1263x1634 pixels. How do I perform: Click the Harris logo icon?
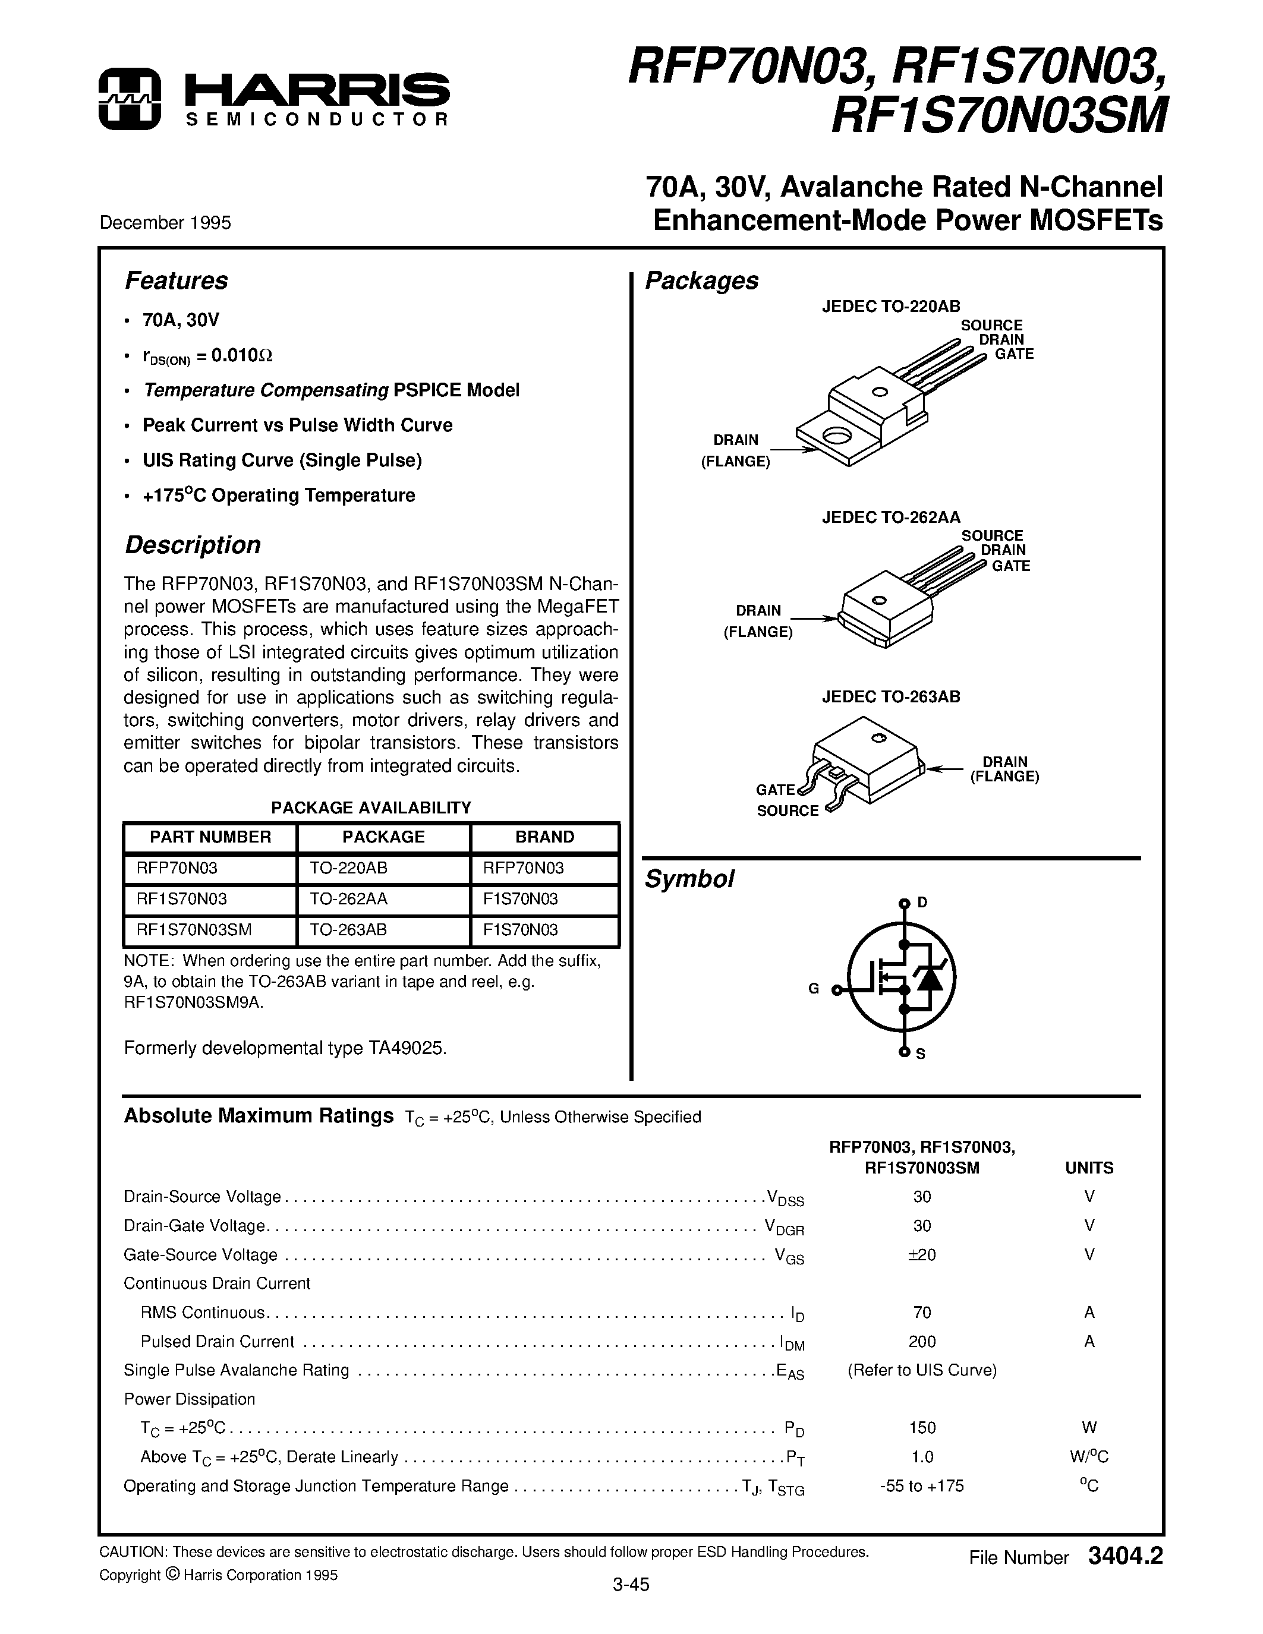[x=129, y=99]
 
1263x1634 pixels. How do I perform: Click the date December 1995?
[x=165, y=222]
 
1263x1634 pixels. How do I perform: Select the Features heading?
[x=176, y=280]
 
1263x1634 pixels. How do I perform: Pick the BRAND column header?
[x=544, y=837]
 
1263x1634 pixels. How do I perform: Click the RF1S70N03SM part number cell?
[x=194, y=929]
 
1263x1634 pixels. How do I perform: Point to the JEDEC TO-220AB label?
[x=890, y=305]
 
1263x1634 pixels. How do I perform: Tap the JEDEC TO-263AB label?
[x=890, y=696]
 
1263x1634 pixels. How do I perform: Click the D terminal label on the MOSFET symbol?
[x=922, y=903]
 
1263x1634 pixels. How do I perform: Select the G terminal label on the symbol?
[x=814, y=988]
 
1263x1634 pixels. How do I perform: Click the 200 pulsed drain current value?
[x=922, y=1342]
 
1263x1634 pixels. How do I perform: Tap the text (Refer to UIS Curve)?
[x=922, y=1370]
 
